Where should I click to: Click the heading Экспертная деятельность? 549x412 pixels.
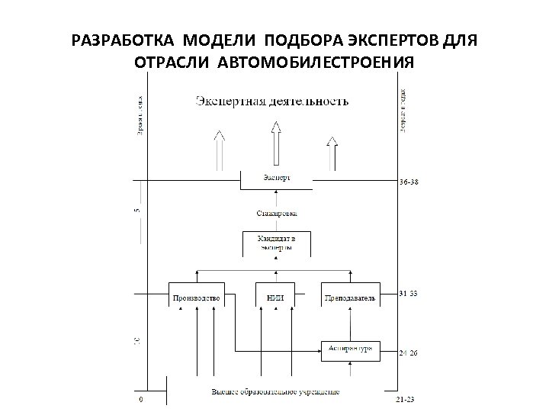272,101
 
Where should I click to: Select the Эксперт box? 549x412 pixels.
276,179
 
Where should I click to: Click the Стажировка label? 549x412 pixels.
276,214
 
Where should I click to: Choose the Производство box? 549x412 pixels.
197,298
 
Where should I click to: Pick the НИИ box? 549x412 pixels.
275,298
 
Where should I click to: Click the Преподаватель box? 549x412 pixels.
349,298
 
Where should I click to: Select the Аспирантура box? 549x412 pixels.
350,349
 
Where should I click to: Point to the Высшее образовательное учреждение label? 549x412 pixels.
276,392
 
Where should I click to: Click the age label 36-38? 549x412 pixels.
409,183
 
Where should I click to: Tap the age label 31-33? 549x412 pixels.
409,293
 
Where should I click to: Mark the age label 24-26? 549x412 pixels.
409,352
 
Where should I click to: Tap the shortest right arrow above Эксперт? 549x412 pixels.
332,153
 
